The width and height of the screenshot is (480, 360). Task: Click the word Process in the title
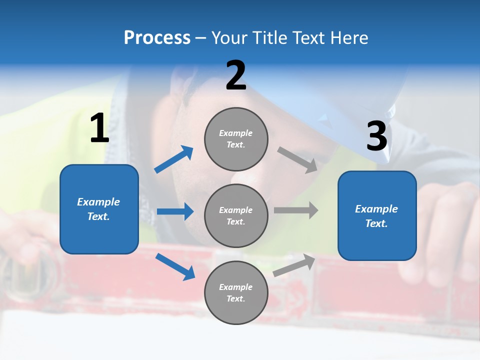point(157,38)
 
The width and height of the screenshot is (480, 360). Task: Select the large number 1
point(99,129)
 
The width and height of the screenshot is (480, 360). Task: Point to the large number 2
point(236,76)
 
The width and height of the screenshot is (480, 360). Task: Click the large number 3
point(376,137)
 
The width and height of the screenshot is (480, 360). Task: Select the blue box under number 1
point(99,209)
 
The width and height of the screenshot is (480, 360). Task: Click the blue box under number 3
point(377,216)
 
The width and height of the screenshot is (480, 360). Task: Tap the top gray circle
point(236,139)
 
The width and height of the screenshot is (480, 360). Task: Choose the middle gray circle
point(236,215)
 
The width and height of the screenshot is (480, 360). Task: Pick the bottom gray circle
point(236,292)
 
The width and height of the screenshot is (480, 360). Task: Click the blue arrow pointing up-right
point(174,159)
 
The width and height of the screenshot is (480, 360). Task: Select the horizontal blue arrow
point(175,211)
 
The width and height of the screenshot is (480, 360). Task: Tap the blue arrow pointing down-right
point(175,266)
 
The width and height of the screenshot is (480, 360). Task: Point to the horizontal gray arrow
point(296,210)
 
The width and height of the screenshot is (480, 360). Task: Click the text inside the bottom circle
point(236,292)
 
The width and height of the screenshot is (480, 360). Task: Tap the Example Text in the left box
point(98,209)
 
